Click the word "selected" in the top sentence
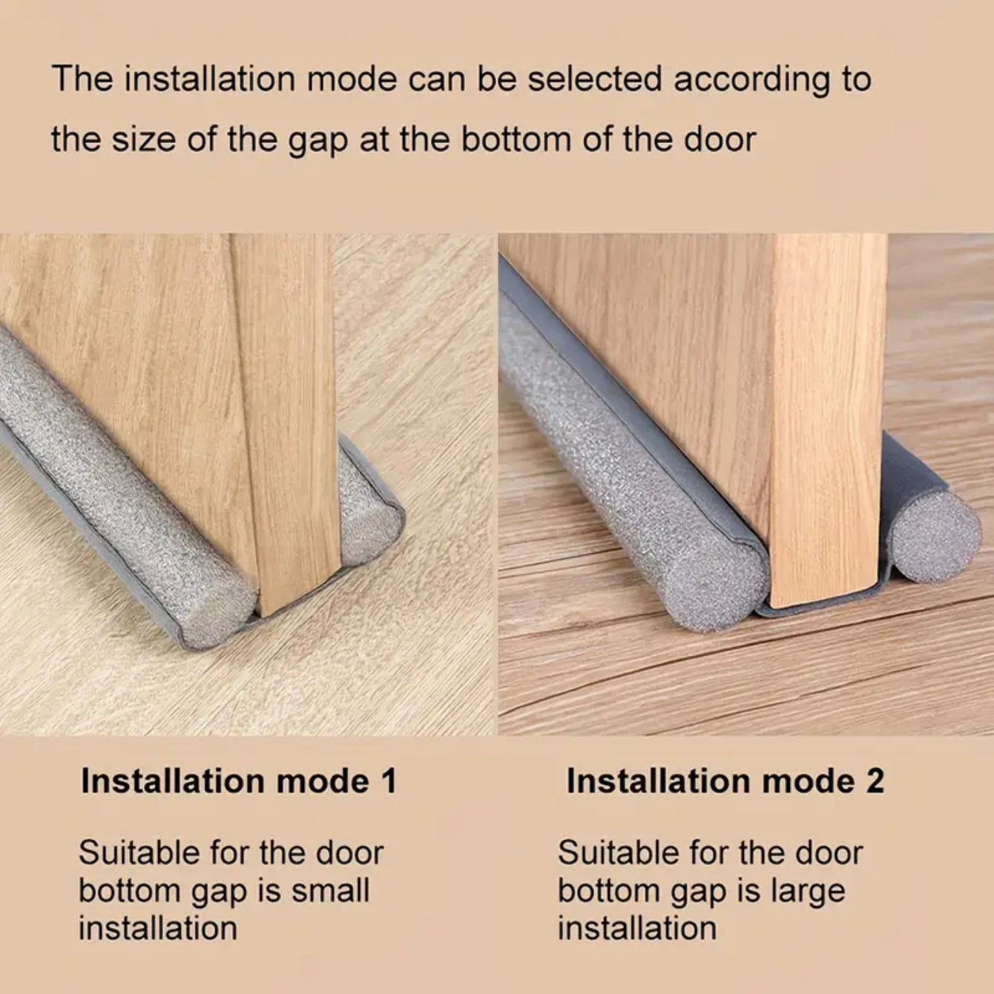click(x=595, y=79)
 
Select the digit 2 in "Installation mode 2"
click(x=875, y=781)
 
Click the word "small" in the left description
click(x=331, y=891)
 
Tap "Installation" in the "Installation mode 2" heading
click(x=659, y=781)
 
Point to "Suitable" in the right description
click(x=619, y=852)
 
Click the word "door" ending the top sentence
click(x=720, y=139)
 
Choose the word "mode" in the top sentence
click(x=352, y=79)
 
